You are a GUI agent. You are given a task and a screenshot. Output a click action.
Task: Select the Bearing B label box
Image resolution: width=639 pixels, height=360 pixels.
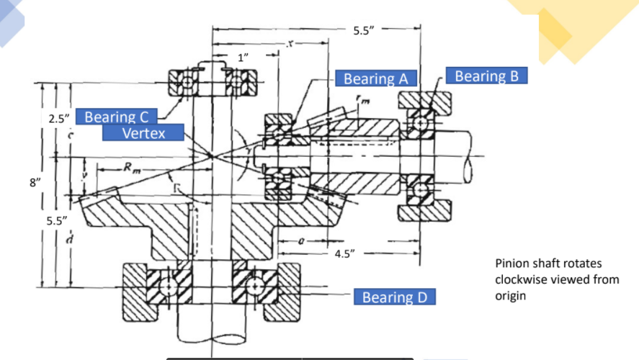[487, 76]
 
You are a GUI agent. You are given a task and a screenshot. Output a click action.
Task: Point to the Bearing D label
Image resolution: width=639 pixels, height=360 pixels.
[395, 297]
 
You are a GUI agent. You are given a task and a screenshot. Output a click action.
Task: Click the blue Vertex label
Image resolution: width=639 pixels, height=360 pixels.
[143, 132]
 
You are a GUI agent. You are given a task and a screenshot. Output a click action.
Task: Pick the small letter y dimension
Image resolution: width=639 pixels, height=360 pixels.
[85, 175]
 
